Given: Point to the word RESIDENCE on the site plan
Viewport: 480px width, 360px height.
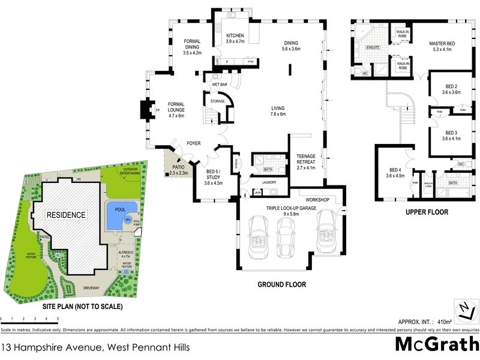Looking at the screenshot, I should (x=67, y=215).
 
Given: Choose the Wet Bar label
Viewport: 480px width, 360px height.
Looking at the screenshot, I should (x=219, y=85).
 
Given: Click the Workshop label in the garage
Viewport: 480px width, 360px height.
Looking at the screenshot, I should (x=318, y=199).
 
